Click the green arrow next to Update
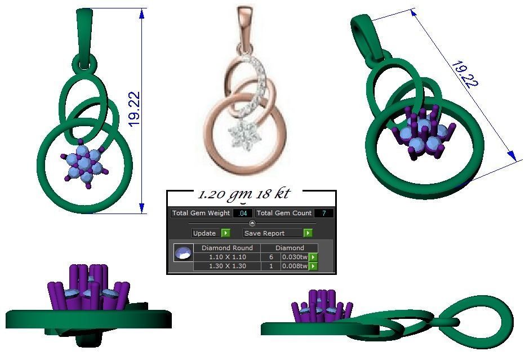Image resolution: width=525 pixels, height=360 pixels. click(x=226, y=233)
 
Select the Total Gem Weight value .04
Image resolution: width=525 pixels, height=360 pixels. click(x=243, y=214)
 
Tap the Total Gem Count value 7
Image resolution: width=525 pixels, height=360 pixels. click(x=324, y=214)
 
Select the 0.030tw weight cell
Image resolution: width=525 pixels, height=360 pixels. click(x=294, y=257)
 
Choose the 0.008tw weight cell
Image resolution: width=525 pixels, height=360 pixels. click(x=294, y=266)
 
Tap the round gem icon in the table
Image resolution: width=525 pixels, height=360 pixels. click(x=183, y=254)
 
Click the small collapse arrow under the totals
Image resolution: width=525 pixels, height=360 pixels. click(x=252, y=224)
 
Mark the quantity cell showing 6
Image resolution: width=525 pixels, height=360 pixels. click(x=271, y=257)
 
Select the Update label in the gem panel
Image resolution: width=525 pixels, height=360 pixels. click(x=204, y=233)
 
